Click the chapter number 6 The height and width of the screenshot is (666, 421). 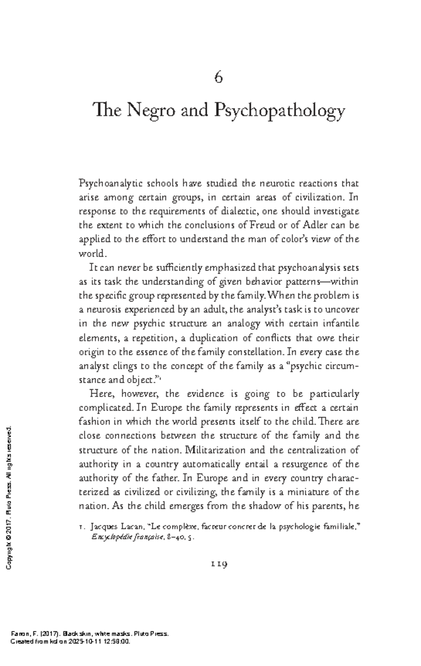[218, 77]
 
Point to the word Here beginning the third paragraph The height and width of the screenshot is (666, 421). [100, 394]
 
